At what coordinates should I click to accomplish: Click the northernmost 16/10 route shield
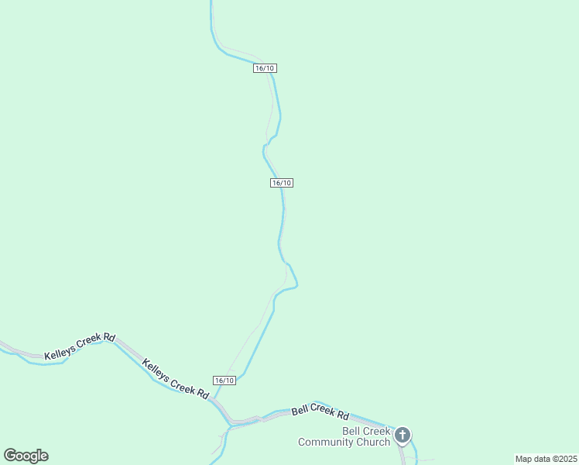265,68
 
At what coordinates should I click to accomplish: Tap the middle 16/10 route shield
282,183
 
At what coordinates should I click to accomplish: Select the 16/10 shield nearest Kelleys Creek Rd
224,380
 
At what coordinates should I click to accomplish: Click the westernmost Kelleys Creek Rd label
80,346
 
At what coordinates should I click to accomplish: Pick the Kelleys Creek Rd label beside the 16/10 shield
176,377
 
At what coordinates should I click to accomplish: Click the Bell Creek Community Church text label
344,437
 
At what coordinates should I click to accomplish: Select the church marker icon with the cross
403,435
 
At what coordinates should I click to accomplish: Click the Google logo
26,456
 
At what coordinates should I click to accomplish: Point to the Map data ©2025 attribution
546,459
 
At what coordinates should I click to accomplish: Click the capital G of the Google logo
10,455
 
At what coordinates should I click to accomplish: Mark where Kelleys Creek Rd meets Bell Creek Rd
231,424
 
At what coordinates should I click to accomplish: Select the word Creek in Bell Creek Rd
321,409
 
